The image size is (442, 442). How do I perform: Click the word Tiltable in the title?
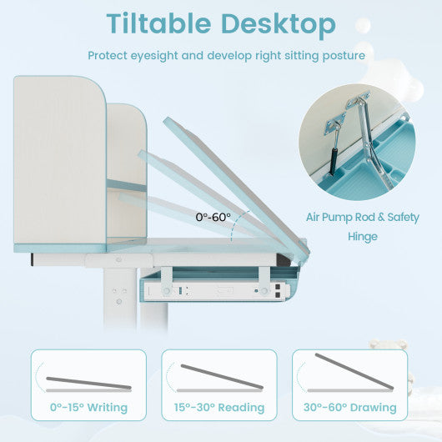[x=158, y=23]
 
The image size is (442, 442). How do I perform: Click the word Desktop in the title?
[x=279, y=24]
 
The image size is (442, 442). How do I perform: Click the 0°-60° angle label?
[x=213, y=217]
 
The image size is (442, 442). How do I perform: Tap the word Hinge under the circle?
[x=363, y=237]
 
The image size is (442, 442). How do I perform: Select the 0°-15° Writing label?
[x=88, y=407]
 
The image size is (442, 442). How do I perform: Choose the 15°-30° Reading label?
[x=219, y=407]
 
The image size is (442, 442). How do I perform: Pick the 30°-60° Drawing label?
[x=349, y=407]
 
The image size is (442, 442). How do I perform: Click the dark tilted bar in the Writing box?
[x=88, y=383]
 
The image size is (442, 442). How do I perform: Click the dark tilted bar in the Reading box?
[x=222, y=377]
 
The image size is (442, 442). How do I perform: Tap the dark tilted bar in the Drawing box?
[x=354, y=371]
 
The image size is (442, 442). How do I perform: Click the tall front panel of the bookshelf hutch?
[x=60, y=159]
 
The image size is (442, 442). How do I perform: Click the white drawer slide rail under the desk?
[x=216, y=291]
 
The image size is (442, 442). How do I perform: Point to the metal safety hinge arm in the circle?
[x=371, y=141]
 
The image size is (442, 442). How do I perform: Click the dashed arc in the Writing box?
[x=38, y=376]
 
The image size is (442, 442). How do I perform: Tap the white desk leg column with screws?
[x=119, y=296]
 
